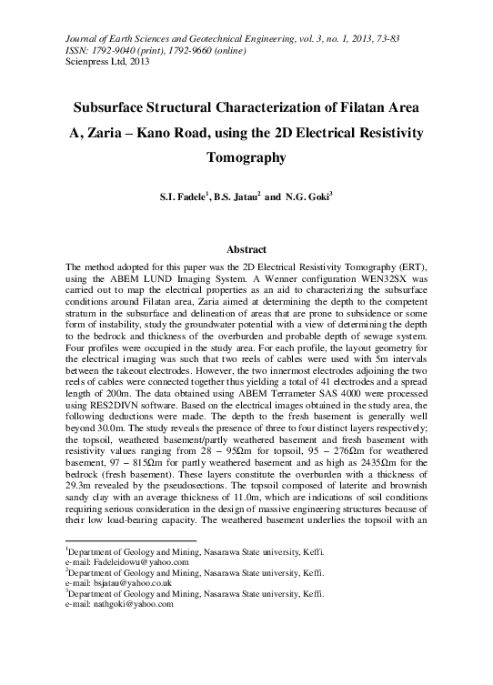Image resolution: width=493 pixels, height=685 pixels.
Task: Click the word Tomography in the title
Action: click(x=246, y=156)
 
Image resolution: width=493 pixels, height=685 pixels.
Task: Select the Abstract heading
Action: click(x=246, y=248)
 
